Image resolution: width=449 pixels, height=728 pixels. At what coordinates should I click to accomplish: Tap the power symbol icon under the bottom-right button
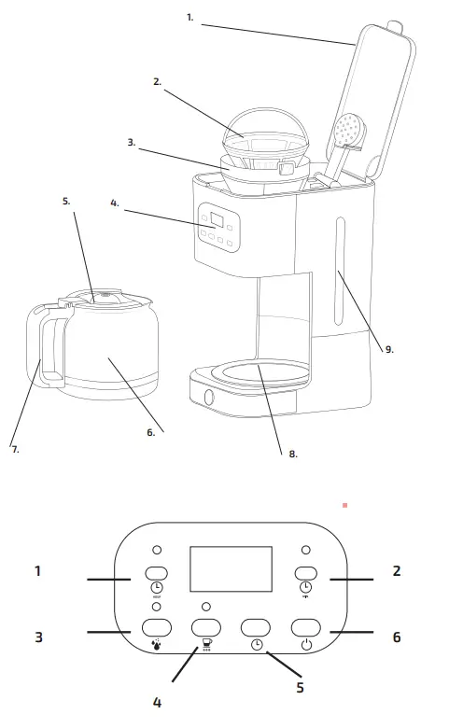(305, 643)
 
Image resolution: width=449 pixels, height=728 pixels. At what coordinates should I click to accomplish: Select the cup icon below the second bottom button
(205, 644)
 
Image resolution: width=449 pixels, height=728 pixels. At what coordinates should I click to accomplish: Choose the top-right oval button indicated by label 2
(305, 573)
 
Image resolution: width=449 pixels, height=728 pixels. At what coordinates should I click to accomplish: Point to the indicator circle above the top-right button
(305, 550)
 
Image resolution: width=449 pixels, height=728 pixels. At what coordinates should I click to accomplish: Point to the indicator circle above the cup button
(205, 607)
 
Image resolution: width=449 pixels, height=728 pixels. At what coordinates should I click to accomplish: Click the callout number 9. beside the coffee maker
(388, 349)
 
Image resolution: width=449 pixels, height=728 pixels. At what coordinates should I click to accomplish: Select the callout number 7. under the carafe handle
(15, 449)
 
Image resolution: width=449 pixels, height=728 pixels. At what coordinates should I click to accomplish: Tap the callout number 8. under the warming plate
(292, 454)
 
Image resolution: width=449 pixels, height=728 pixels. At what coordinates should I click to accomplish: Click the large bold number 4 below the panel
(156, 701)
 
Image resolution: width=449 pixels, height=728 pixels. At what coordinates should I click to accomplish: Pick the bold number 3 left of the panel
(38, 637)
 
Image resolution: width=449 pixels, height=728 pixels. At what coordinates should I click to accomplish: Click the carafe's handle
(40, 345)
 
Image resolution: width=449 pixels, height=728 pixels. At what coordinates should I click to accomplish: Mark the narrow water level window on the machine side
(338, 260)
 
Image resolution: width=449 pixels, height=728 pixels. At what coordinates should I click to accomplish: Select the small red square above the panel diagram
(344, 505)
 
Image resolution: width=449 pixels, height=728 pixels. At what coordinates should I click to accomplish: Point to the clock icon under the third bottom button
(257, 643)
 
